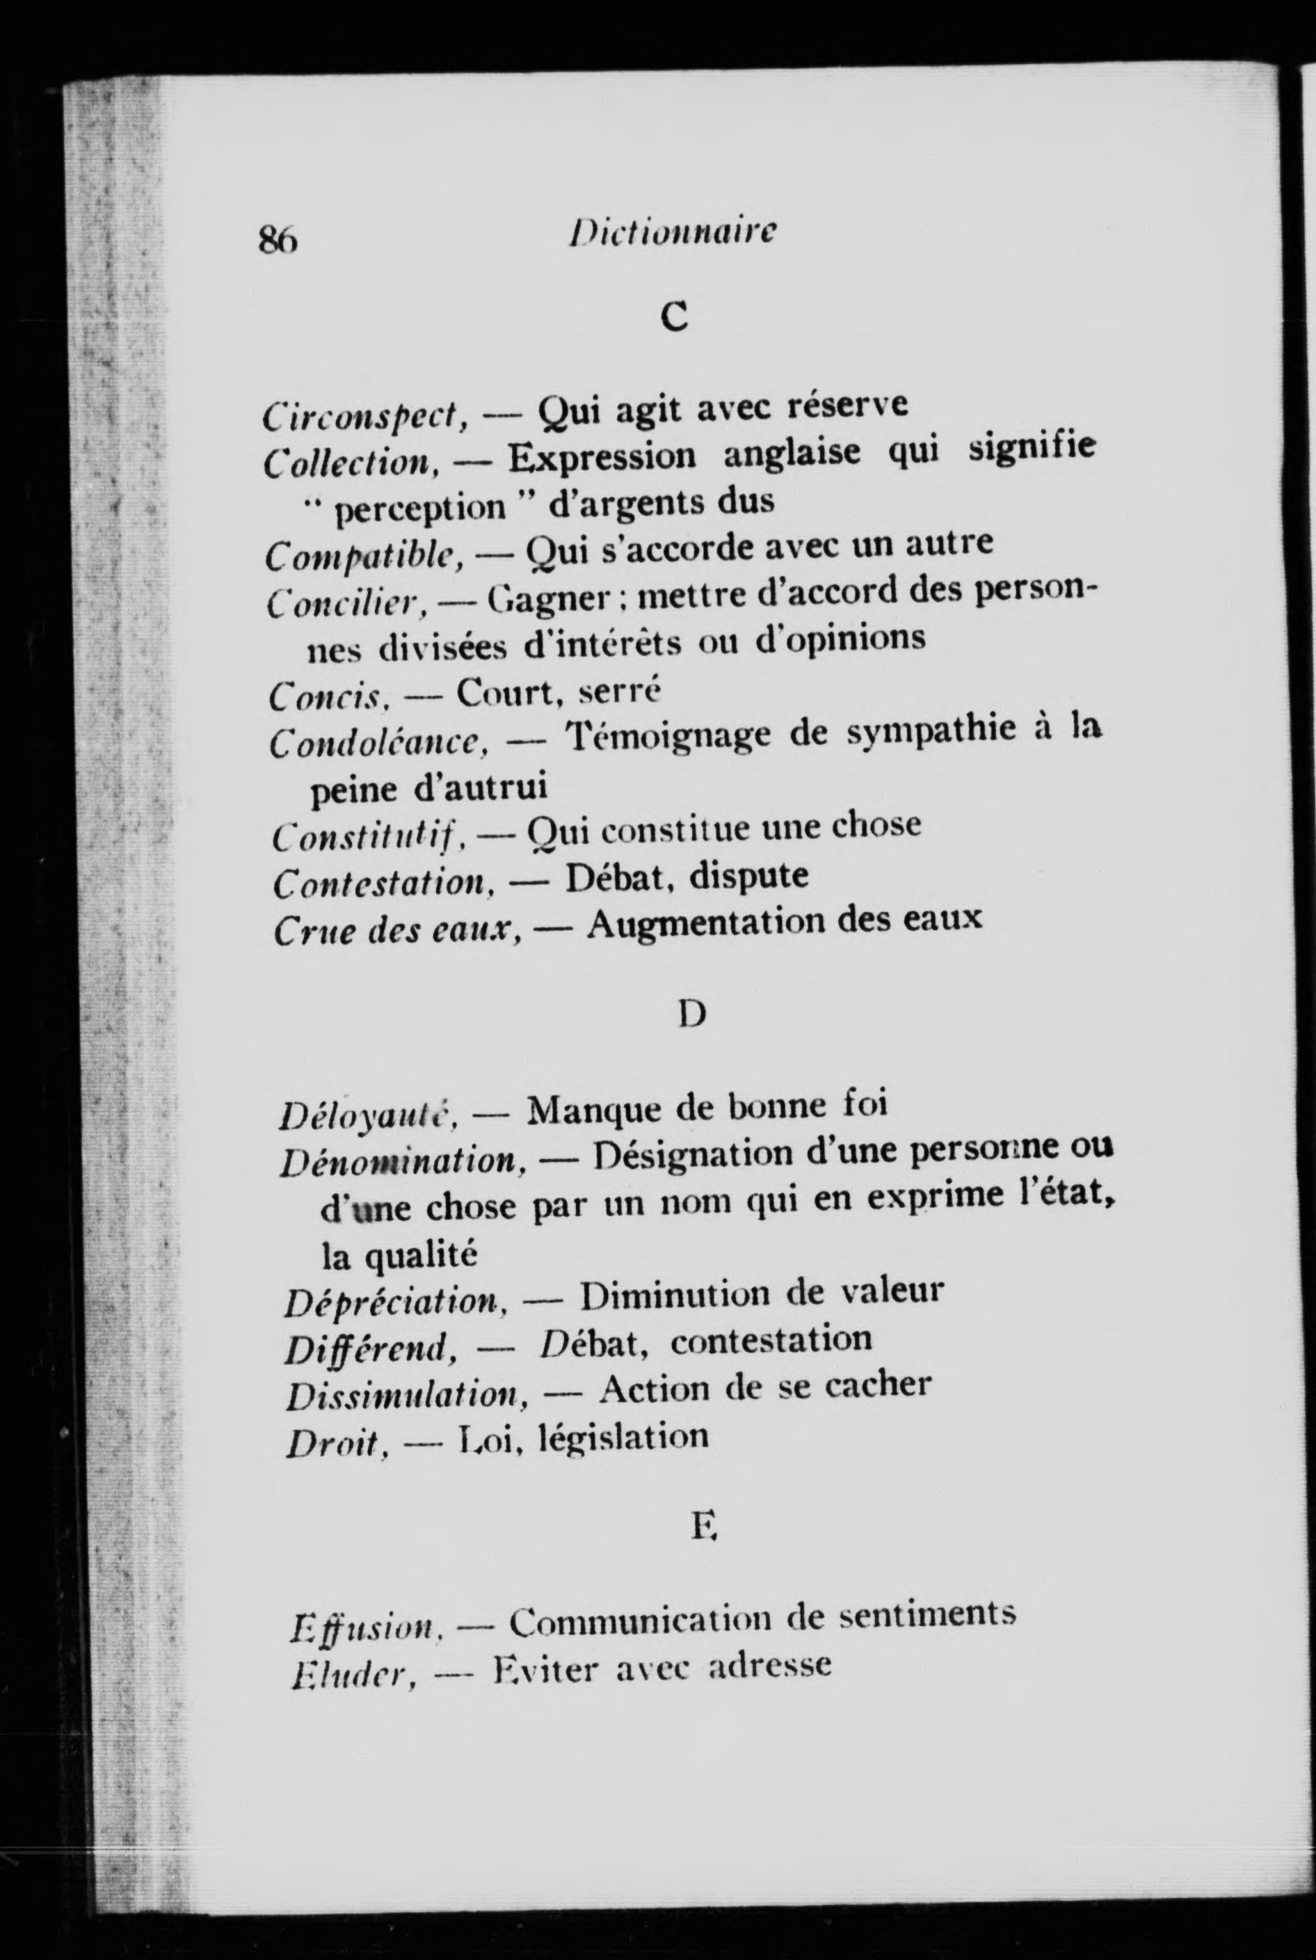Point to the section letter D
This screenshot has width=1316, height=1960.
click(691, 1015)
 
